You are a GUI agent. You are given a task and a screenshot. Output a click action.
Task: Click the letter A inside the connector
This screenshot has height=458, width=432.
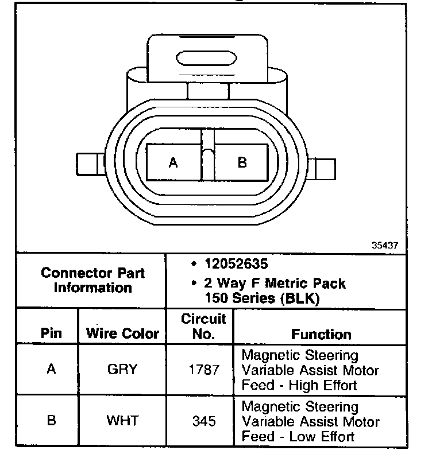173,163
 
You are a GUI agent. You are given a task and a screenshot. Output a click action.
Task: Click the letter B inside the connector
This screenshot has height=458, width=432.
242,163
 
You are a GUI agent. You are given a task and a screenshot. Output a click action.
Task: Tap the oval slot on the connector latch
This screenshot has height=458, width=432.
207,59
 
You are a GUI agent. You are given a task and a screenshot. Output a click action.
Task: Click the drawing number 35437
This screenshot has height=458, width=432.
384,245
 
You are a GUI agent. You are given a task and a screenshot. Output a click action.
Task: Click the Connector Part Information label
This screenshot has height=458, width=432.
92,281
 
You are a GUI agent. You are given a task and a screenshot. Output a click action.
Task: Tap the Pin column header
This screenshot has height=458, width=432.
52,333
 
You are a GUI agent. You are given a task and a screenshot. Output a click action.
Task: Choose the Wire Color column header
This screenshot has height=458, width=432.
122,333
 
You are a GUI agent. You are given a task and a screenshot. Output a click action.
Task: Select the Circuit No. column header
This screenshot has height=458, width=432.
204,326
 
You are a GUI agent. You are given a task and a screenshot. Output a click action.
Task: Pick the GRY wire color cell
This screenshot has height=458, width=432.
122,369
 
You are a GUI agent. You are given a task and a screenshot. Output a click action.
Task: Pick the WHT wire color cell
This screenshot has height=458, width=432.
122,421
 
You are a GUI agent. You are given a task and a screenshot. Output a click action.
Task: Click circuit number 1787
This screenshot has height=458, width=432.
204,370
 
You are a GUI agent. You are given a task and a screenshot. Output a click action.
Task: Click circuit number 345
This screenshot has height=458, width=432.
204,421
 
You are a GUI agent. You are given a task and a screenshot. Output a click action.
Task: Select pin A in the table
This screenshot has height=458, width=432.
51,369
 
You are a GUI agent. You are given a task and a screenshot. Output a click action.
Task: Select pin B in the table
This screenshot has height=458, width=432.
51,421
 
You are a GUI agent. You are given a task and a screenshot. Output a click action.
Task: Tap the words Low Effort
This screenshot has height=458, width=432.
322,436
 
